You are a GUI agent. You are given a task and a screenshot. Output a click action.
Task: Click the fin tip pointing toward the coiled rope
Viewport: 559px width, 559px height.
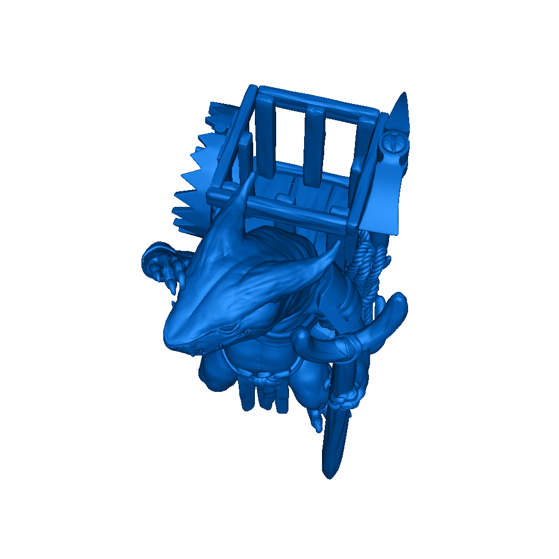pyautogui.click(x=336, y=246)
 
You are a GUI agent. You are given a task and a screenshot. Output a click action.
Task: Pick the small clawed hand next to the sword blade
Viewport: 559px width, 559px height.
pyautogui.click(x=316, y=419)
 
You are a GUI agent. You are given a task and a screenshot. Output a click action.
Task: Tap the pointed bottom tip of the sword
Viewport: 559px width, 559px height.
pyautogui.click(x=329, y=475)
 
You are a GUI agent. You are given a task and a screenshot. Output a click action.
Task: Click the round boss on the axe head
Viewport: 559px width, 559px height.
pyautogui.click(x=394, y=145)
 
